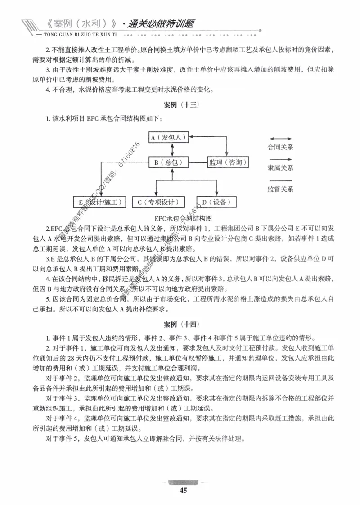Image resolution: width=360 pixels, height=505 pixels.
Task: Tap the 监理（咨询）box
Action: pos(227,162)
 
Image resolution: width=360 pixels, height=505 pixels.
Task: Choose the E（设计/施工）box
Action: pos(100,202)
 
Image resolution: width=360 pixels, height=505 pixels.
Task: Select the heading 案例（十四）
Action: pos(180,324)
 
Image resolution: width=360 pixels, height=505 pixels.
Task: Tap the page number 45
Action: pos(183,491)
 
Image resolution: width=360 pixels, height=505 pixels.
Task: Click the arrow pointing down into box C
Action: pos(156,191)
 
